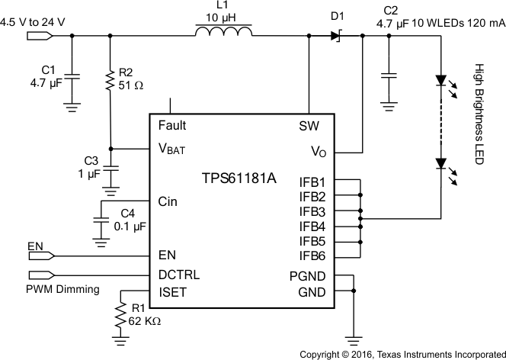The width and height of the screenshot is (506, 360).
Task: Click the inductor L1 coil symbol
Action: (x=223, y=33)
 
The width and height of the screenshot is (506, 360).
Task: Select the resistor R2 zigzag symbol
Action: (x=110, y=79)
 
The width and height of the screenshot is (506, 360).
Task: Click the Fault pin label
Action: (x=172, y=125)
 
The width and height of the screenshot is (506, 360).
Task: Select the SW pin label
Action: (x=309, y=125)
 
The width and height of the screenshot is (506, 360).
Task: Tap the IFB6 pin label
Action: (x=312, y=256)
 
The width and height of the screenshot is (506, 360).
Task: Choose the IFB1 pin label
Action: (x=312, y=182)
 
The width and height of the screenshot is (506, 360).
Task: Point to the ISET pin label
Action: (x=171, y=291)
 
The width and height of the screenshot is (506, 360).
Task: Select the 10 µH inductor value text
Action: (x=223, y=17)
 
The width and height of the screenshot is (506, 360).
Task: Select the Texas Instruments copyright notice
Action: (x=402, y=354)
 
